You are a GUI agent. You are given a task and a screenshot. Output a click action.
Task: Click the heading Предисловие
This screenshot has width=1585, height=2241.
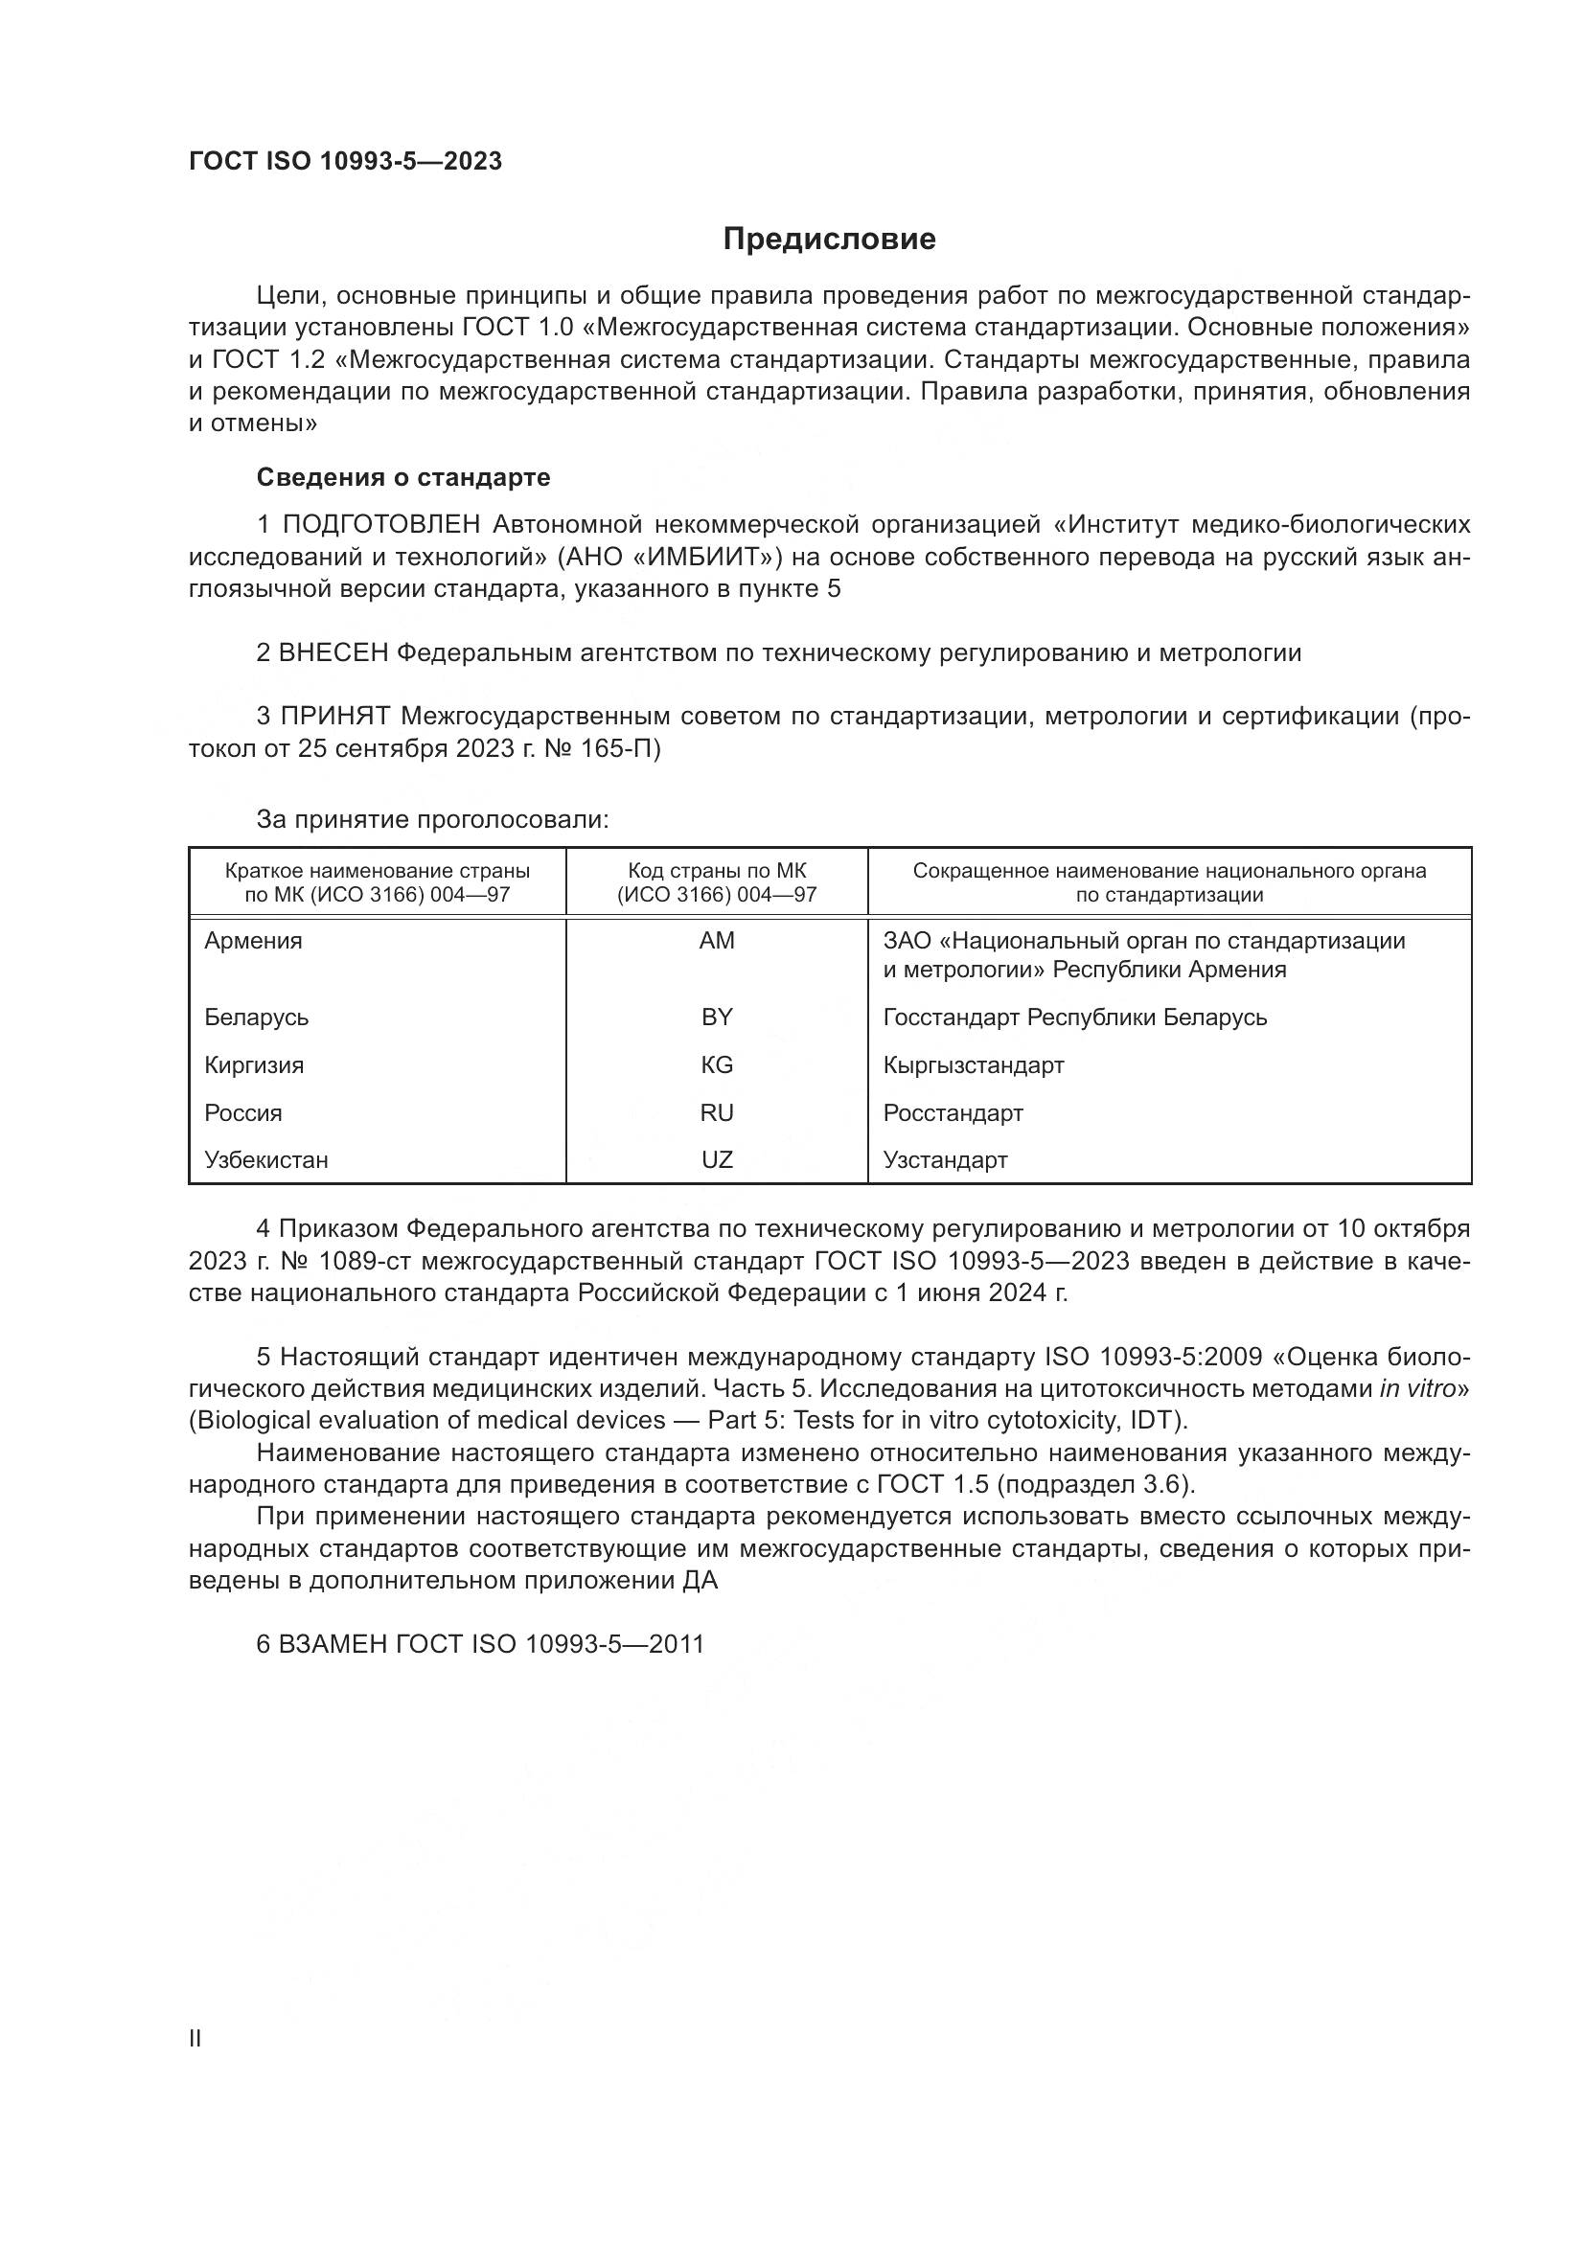point(829,240)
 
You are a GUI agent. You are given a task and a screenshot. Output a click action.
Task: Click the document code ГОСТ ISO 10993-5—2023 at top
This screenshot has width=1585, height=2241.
point(346,161)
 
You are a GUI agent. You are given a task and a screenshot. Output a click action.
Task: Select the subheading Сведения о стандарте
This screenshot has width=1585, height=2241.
point(403,477)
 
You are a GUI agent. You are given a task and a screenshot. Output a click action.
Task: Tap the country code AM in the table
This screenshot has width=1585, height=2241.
point(717,941)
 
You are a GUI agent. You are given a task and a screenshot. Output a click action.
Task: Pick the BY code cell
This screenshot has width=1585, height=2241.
point(717,1018)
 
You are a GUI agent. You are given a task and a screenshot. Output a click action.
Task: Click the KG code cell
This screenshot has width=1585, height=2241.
point(717,1064)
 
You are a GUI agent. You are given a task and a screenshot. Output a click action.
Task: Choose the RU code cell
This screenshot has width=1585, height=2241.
point(717,1112)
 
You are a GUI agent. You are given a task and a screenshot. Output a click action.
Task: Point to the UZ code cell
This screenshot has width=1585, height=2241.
point(717,1159)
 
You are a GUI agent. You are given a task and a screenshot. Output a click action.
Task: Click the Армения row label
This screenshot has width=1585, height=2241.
point(254,941)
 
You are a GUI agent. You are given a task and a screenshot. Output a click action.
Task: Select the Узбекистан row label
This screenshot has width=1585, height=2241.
point(266,1159)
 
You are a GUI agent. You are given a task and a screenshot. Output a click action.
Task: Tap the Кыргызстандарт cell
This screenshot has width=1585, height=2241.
point(973,1064)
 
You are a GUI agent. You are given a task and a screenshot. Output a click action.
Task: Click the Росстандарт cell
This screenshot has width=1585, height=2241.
point(953,1112)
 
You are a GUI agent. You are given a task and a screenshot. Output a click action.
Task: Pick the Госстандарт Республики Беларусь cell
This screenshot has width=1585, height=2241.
point(1074,1018)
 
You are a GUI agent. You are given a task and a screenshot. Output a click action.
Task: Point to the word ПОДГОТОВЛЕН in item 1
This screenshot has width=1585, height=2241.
point(381,525)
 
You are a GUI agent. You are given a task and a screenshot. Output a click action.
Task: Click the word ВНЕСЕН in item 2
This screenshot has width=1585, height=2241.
point(333,653)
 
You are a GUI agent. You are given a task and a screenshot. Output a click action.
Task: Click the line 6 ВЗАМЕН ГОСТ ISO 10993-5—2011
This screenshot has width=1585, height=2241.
point(480,1645)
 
